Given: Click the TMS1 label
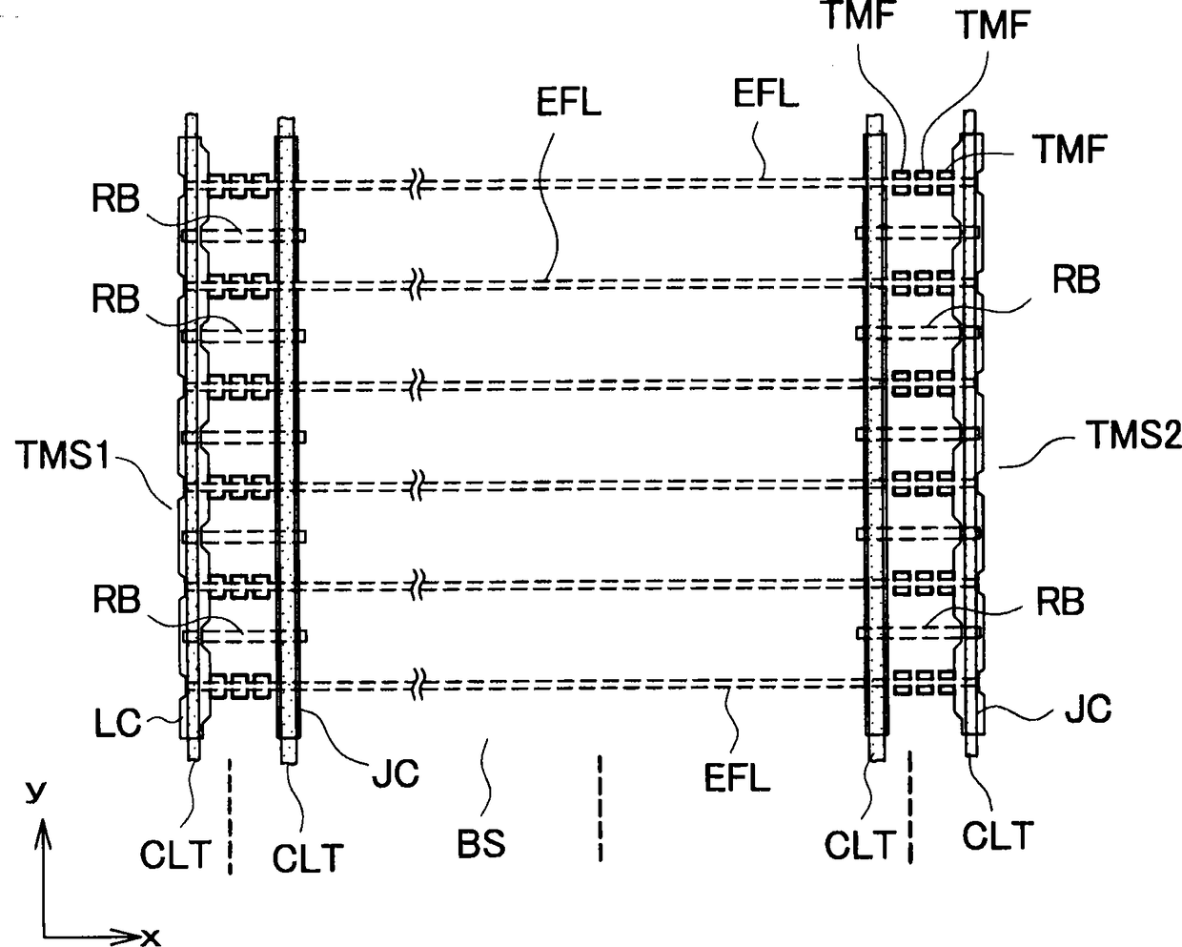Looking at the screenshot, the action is pos(65,454).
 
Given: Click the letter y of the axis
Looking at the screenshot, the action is pos(37,792).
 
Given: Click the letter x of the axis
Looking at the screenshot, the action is pos(150,936).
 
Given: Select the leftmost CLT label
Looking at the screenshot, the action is pos(175,854).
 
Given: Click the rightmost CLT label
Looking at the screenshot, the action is pos(997,835).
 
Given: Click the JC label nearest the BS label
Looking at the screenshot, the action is pos(396,772).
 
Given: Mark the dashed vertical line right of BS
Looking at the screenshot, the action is pos(600,808).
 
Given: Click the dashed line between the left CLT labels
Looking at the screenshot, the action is pos(230,815).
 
